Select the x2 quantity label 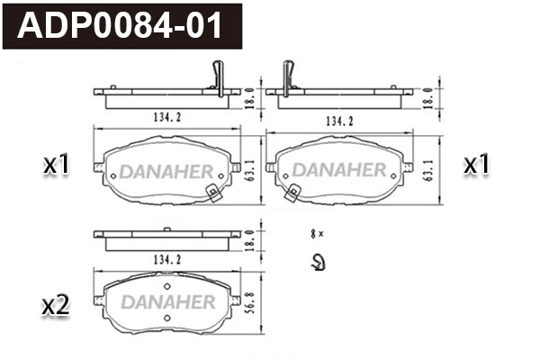(56, 306)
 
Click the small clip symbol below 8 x (317, 263)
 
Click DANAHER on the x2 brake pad (167, 301)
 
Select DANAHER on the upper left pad (167, 170)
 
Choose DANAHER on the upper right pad (339, 170)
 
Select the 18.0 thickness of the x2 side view (248, 238)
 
